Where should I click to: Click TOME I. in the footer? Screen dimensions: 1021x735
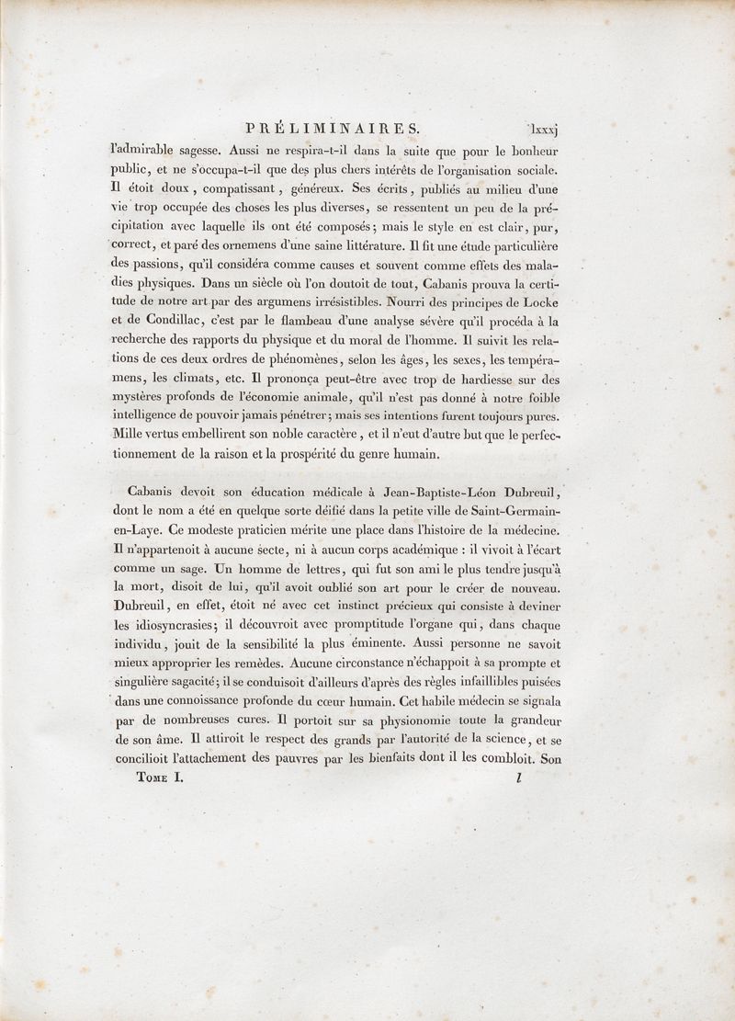point(147,777)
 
